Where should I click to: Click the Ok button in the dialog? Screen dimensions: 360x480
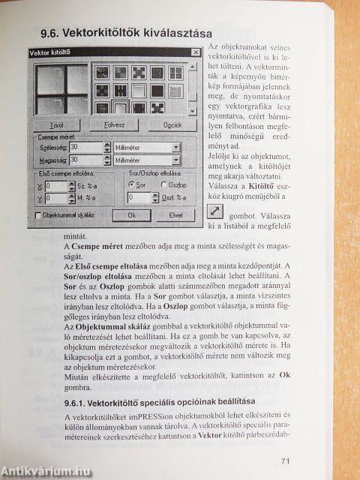[132, 214]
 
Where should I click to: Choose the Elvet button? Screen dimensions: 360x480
[175, 214]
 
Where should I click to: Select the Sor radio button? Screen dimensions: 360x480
[132, 184]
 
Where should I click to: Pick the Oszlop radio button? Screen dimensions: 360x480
[163, 184]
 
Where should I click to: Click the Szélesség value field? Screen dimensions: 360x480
[83, 148]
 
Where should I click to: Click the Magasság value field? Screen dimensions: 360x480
[83, 160]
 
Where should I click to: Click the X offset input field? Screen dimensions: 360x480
[56, 184]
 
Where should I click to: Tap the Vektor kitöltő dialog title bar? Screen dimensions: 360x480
[105, 52]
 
